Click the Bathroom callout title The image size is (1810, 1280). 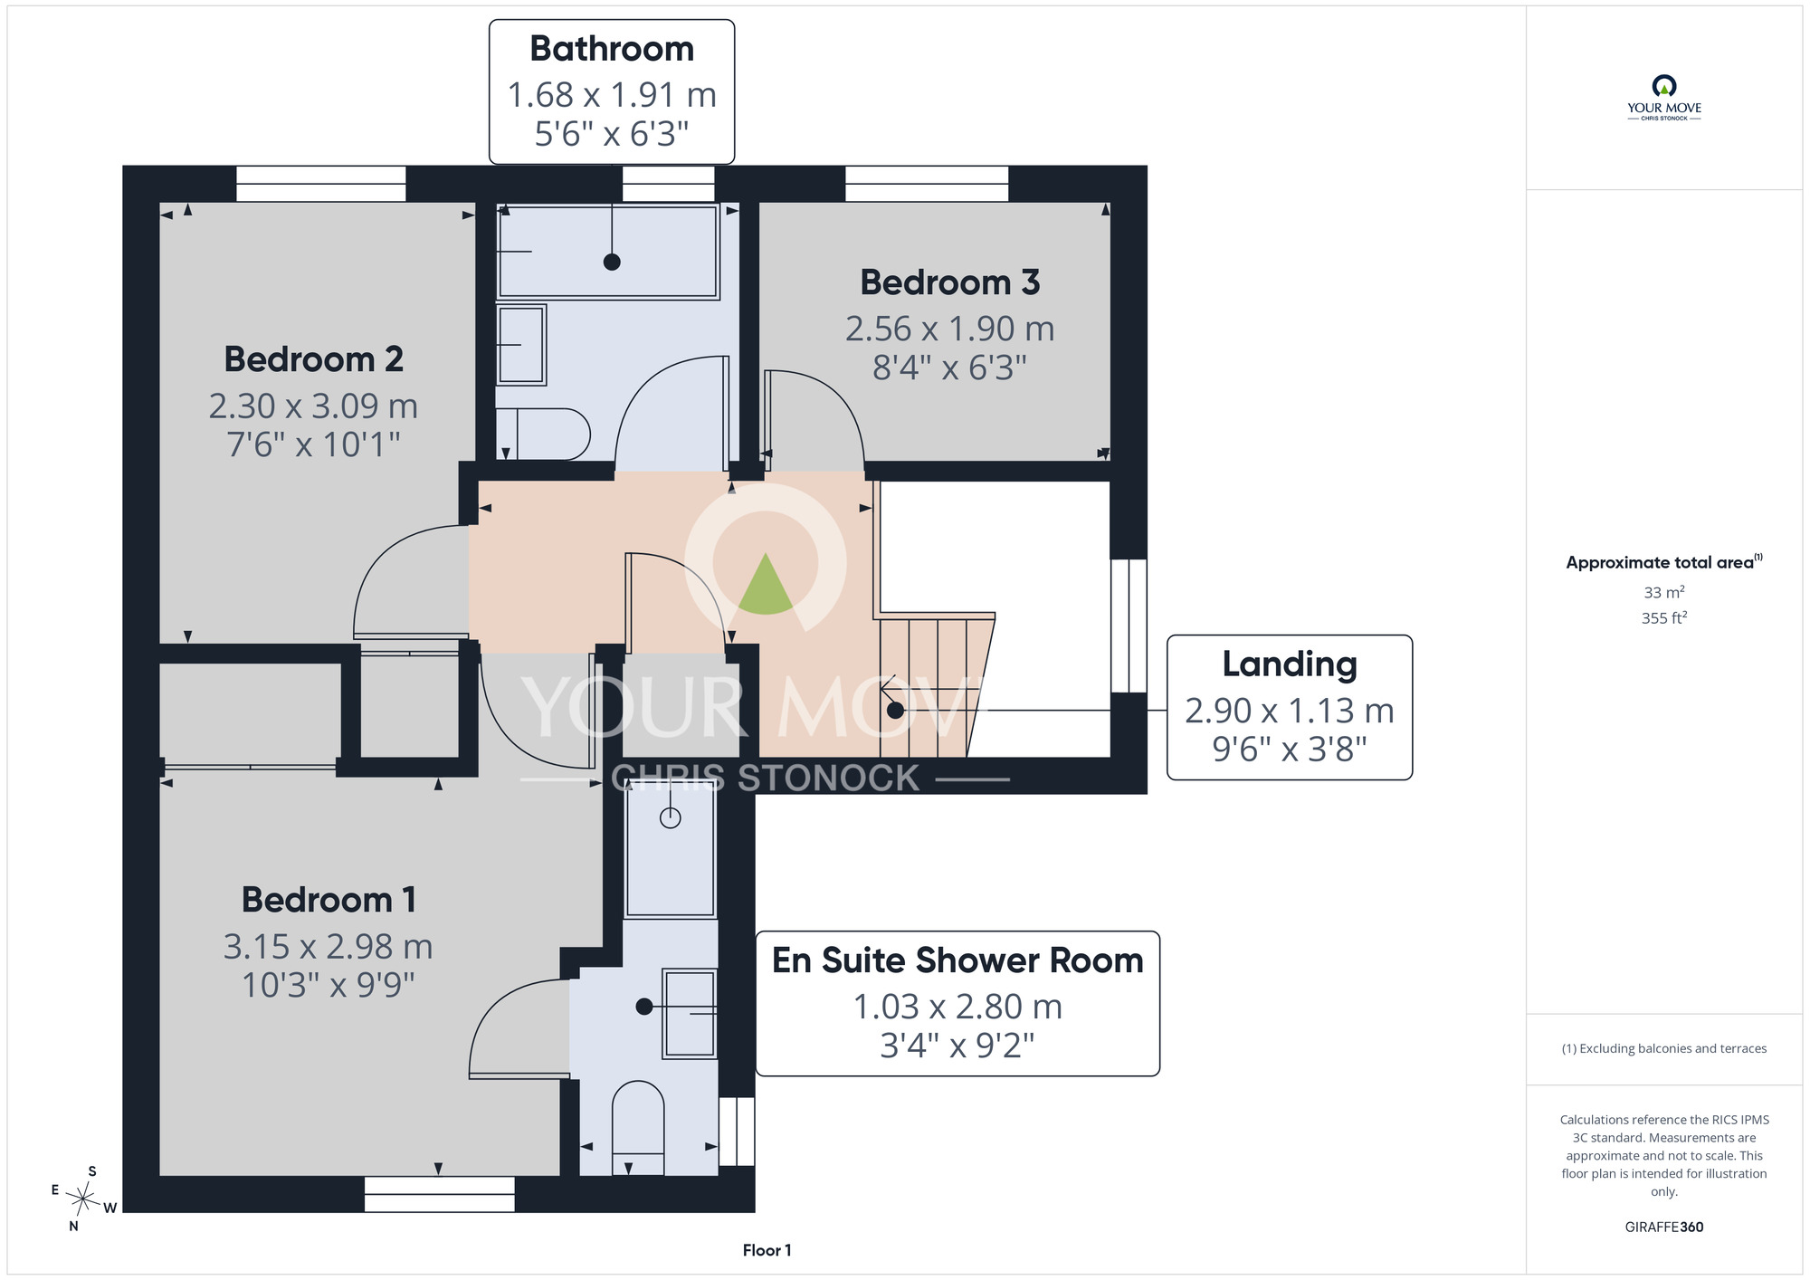point(612,49)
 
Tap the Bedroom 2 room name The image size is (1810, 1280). point(313,359)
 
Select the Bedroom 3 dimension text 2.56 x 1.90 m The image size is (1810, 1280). point(950,329)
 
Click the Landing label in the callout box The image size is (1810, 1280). point(1290,664)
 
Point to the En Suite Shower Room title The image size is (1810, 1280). point(957,960)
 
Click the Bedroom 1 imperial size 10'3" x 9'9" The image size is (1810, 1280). point(328,985)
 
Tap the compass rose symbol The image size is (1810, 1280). point(83,1200)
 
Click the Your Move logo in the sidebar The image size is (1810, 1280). point(1663,98)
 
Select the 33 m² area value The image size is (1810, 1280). point(1664,592)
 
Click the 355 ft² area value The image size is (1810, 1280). point(1664,617)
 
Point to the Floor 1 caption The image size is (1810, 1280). point(767,1250)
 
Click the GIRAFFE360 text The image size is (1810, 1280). point(1663,1227)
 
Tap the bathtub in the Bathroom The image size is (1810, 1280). point(608,251)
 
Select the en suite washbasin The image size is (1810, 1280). point(690,1014)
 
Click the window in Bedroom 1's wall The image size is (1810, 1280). point(440,1194)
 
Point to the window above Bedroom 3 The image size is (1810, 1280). point(927,184)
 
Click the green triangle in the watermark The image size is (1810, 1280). point(766,584)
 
